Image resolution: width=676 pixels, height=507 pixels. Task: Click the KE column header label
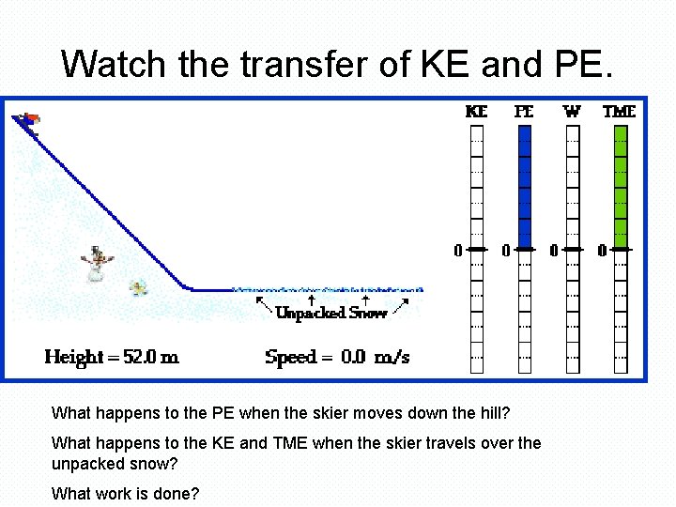(477, 111)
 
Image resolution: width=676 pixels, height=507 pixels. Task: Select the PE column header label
(524, 111)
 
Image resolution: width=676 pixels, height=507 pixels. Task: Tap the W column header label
(572, 111)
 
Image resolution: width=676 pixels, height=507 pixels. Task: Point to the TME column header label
(619, 111)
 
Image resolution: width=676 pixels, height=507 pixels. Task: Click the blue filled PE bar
(525, 188)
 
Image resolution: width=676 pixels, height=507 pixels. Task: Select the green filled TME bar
(620, 188)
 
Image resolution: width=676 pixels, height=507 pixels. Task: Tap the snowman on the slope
(97, 264)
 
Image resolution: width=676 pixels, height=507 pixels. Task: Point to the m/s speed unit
(392, 358)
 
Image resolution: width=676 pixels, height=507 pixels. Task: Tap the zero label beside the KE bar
(458, 251)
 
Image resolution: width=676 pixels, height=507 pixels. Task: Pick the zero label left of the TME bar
(602, 251)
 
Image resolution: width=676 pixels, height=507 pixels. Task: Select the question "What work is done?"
(125, 493)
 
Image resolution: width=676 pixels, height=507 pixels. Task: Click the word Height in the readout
(73, 358)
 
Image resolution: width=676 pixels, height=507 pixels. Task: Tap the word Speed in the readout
(290, 358)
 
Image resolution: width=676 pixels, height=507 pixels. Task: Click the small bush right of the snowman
(140, 287)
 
